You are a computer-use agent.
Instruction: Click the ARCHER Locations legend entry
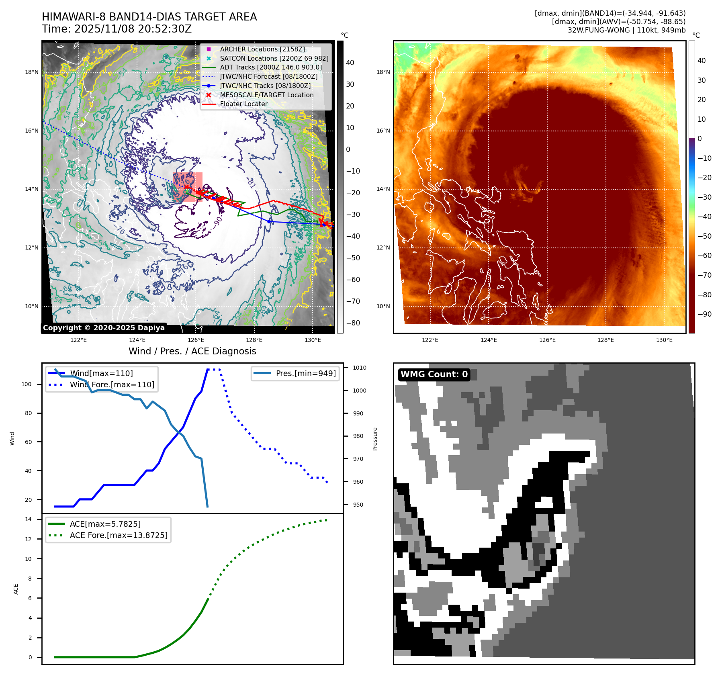[262, 49]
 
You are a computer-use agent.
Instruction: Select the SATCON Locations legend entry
[274, 58]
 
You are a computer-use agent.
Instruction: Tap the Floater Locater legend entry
[243, 104]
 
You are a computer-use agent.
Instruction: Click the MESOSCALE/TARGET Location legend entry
[266, 95]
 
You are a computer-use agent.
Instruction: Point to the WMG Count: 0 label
[434, 374]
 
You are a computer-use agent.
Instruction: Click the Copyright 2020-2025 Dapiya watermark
[104, 328]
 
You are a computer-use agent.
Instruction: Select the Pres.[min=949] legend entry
[305, 373]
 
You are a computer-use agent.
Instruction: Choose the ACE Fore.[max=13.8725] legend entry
[119, 535]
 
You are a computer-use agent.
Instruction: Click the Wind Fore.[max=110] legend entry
[112, 384]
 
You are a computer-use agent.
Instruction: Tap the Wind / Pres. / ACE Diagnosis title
[192, 351]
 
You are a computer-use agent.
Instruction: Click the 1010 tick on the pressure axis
[360, 368]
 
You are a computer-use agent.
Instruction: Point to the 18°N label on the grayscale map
[32, 72]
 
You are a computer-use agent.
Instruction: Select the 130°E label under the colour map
[664, 340]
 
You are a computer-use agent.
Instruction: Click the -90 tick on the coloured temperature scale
[704, 314]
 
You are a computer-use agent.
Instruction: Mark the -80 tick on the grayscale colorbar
[353, 323]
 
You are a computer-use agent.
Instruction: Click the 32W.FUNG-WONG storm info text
[626, 30]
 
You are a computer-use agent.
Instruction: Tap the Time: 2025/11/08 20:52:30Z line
[117, 29]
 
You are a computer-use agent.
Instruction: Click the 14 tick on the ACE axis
[28, 519]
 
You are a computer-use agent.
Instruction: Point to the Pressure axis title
[375, 439]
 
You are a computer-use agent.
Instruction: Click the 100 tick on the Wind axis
[26, 384]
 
